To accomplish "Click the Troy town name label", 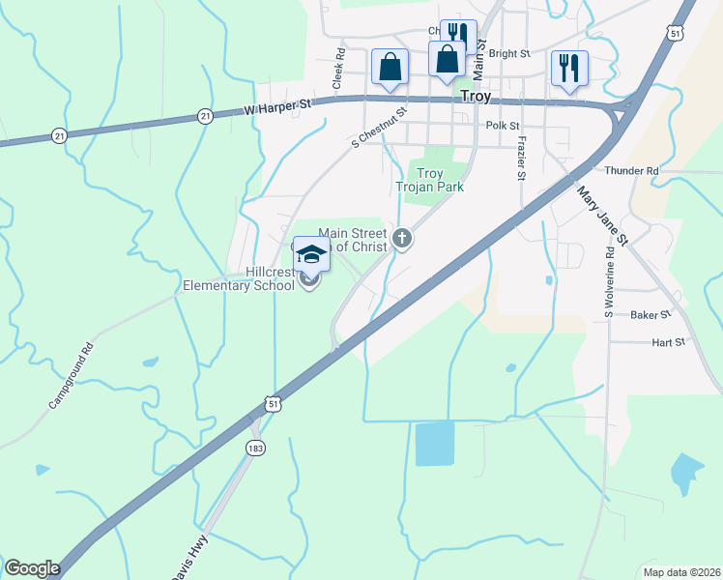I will click(x=475, y=97).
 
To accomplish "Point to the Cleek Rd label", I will click(x=339, y=70).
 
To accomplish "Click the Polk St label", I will click(x=503, y=126).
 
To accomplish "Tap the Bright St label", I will click(x=510, y=54).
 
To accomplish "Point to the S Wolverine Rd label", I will click(x=609, y=280).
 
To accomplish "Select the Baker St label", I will click(x=650, y=315).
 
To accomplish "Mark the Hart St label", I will click(x=667, y=342).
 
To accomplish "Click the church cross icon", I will click(x=402, y=237).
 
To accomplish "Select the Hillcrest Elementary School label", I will click(x=239, y=278).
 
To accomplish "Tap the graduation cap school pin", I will click(x=310, y=254).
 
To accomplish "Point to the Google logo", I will click(x=32, y=568).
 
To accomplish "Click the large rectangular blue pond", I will click(x=435, y=444).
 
